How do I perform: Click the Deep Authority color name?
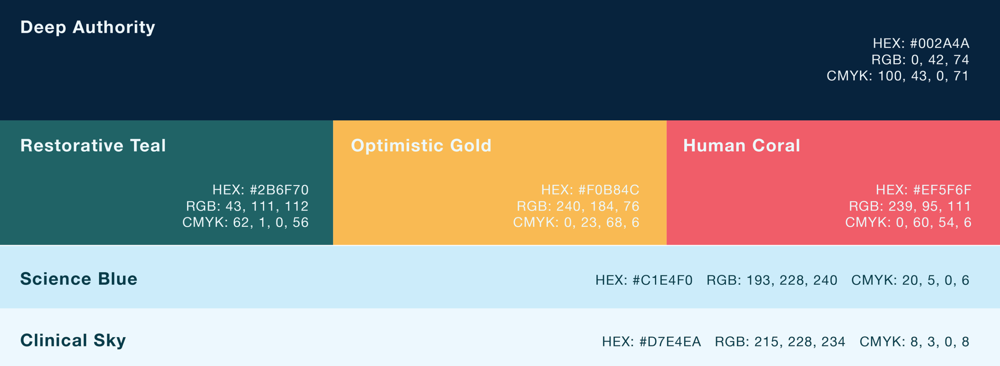click(87, 27)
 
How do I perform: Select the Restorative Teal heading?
click(93, 145)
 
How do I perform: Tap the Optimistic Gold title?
click(421, 146)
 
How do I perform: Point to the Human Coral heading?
click(741, 145)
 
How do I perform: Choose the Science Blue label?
click(79, 279)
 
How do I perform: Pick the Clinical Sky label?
click(73, 340)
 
